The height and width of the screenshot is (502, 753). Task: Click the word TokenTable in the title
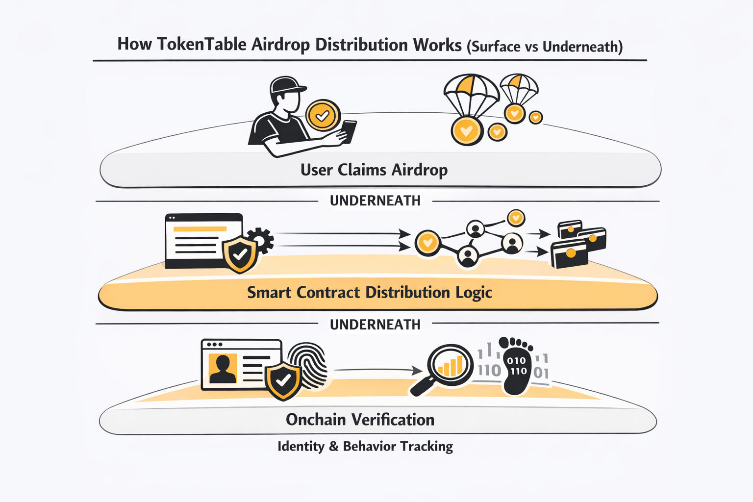(201, 45)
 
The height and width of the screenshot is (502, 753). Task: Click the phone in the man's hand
(349, 131)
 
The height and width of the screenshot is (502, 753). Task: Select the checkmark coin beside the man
(323, 116)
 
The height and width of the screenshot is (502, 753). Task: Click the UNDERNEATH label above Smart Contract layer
(375, 201)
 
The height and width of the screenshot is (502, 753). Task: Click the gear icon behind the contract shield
(260, 240)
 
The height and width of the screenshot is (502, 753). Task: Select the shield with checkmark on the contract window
(240, 254)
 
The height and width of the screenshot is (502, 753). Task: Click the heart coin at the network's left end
(427, 242)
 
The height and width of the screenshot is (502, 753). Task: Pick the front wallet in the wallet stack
(569, 254)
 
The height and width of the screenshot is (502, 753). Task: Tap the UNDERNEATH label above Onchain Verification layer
(375, 325)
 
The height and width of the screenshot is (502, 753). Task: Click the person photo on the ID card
(223, 368)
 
